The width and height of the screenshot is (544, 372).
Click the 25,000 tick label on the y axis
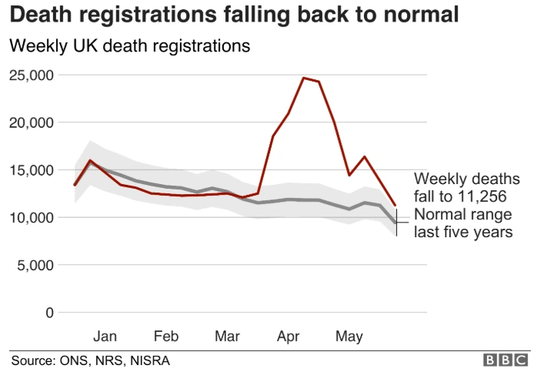pos(31,75)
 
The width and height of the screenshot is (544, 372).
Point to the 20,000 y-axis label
pos(31,122)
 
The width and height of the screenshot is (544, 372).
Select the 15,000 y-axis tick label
pos(31,170)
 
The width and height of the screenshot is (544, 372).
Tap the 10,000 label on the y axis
pos(31,218)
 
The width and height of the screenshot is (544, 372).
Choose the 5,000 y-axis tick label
pos(35,266)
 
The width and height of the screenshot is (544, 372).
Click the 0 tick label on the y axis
pos(48,313)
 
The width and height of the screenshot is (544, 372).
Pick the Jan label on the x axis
pos(105,337)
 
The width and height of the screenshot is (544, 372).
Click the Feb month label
pos(166,337)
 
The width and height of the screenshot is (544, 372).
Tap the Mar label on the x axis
pos(227,337)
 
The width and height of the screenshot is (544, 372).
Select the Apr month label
pos(289,337)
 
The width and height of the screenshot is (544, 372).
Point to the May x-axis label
pos(349,337)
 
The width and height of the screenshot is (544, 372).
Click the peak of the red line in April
pos(304,78)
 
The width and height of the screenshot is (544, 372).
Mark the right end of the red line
pos(395,206)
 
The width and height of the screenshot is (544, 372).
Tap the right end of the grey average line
pos(395,223)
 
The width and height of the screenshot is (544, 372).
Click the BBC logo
pos(505,360)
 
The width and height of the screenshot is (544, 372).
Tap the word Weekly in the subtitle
pos(33,46)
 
